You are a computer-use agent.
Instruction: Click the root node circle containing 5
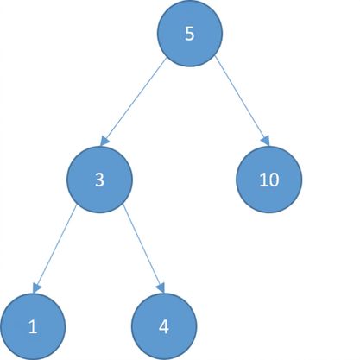coord(190,34)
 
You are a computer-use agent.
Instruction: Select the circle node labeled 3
coord(100,180)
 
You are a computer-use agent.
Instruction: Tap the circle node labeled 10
coord(269,180)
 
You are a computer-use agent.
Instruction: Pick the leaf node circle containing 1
coord(33,326)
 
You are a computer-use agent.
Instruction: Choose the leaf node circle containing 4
coord(164,326)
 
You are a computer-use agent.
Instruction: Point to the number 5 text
coord(190,34)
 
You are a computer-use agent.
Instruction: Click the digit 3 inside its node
coord(99,180)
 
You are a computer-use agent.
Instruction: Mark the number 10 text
coord(269,180)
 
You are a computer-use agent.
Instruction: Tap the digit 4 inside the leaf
coord(164,327)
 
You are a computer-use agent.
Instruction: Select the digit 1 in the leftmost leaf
coord(33,327)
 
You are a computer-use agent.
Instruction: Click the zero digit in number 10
coord(274,180)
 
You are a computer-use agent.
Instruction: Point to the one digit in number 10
coord(263,180)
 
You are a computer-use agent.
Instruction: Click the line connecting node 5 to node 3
coord(134,101)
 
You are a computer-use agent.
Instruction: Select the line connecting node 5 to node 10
coord(242,101)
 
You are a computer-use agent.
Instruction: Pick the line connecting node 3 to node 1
coord(54,249)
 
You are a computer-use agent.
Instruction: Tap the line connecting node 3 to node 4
coord(144,249)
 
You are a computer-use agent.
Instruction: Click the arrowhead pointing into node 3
coord(104,141)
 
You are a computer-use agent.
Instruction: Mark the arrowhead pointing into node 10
coord(266,141)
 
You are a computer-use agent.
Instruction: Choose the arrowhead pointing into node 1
coord(36,287)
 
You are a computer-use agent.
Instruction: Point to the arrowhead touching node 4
coord(161,287)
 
